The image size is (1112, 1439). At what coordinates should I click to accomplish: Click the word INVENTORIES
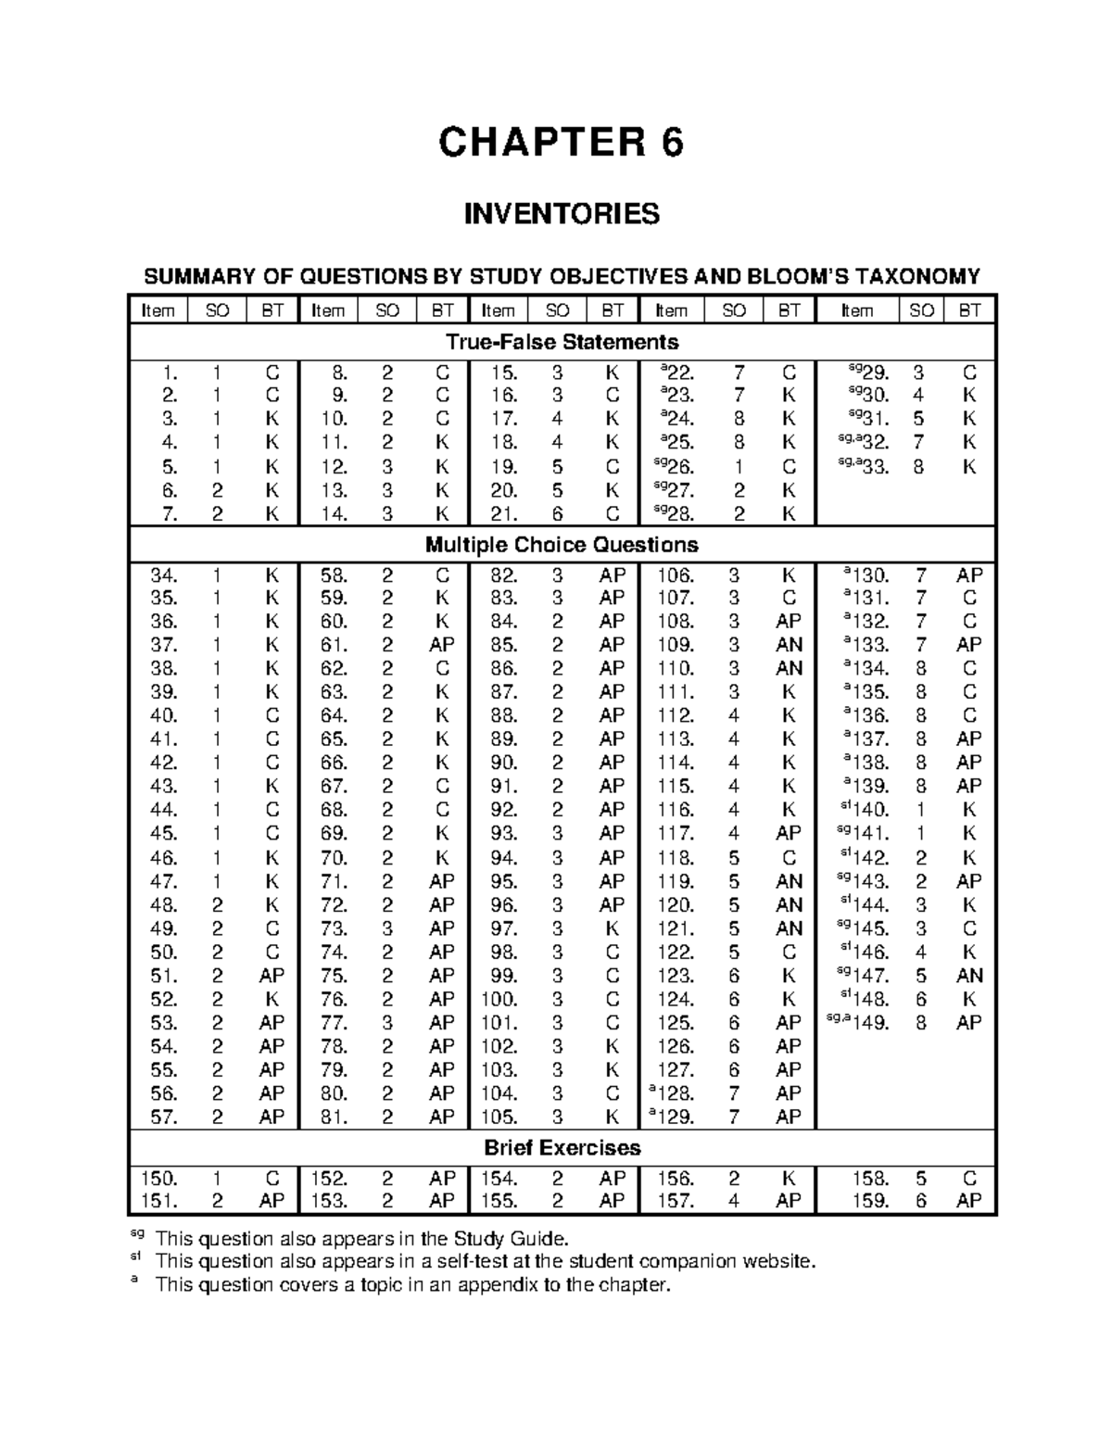tap(562, 214)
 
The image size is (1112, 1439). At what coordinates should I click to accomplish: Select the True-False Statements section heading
tap(562, 342)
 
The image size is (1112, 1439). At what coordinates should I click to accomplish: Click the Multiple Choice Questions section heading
tap(562, 545)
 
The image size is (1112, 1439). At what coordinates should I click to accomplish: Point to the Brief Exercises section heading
tap(562, 1148)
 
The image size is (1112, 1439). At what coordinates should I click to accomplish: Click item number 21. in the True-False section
tap(502, 514)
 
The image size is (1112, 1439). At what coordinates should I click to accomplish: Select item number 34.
tap(164, 575)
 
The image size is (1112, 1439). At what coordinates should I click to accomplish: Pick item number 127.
tap(675, 1070)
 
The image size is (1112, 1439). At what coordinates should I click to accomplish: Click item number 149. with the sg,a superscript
tap(872, 1024)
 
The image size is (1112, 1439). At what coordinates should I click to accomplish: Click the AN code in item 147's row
tap(969, 976)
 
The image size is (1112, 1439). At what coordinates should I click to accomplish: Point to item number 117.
tap(675, 834)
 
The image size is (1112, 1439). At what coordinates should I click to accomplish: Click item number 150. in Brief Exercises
tap(158, 1179)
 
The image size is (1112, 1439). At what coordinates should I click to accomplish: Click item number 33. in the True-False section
tap(874, 468)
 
